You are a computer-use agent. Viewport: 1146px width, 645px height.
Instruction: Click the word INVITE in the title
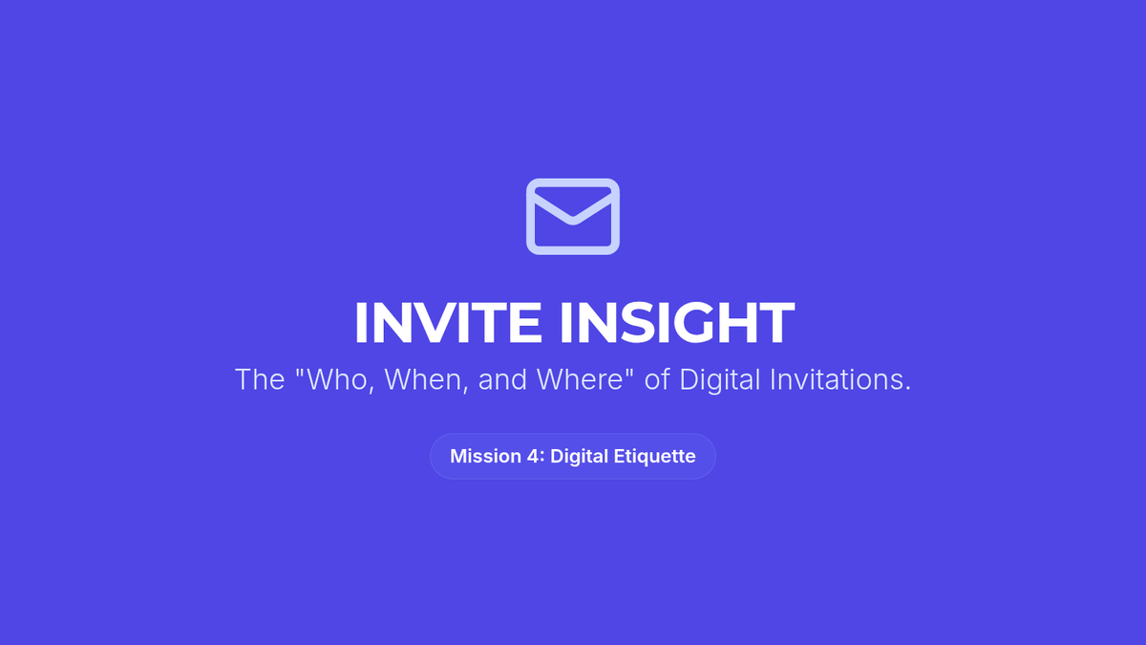[x=448, y=323]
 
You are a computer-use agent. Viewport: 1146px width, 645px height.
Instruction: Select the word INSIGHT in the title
[x=677, y=323]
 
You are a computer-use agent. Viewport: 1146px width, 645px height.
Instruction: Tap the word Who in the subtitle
[x=335, y=379]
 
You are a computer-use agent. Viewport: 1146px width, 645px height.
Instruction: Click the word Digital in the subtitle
[x=719, y=381]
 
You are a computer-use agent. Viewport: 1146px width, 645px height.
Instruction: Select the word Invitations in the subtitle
[x=840, y=379]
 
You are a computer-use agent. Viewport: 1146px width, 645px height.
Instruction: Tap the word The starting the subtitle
[x=260, y=379]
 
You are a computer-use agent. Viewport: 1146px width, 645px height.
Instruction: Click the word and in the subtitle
[x=502, y=380]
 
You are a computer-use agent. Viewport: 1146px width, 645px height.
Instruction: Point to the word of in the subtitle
[x=657, y=379]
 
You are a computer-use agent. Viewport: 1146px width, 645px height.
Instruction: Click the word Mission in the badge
[x=485, y=456]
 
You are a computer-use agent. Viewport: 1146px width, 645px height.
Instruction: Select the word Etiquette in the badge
[x=654, y=457]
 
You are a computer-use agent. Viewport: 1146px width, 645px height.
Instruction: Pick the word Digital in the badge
[x=579, y=457]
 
